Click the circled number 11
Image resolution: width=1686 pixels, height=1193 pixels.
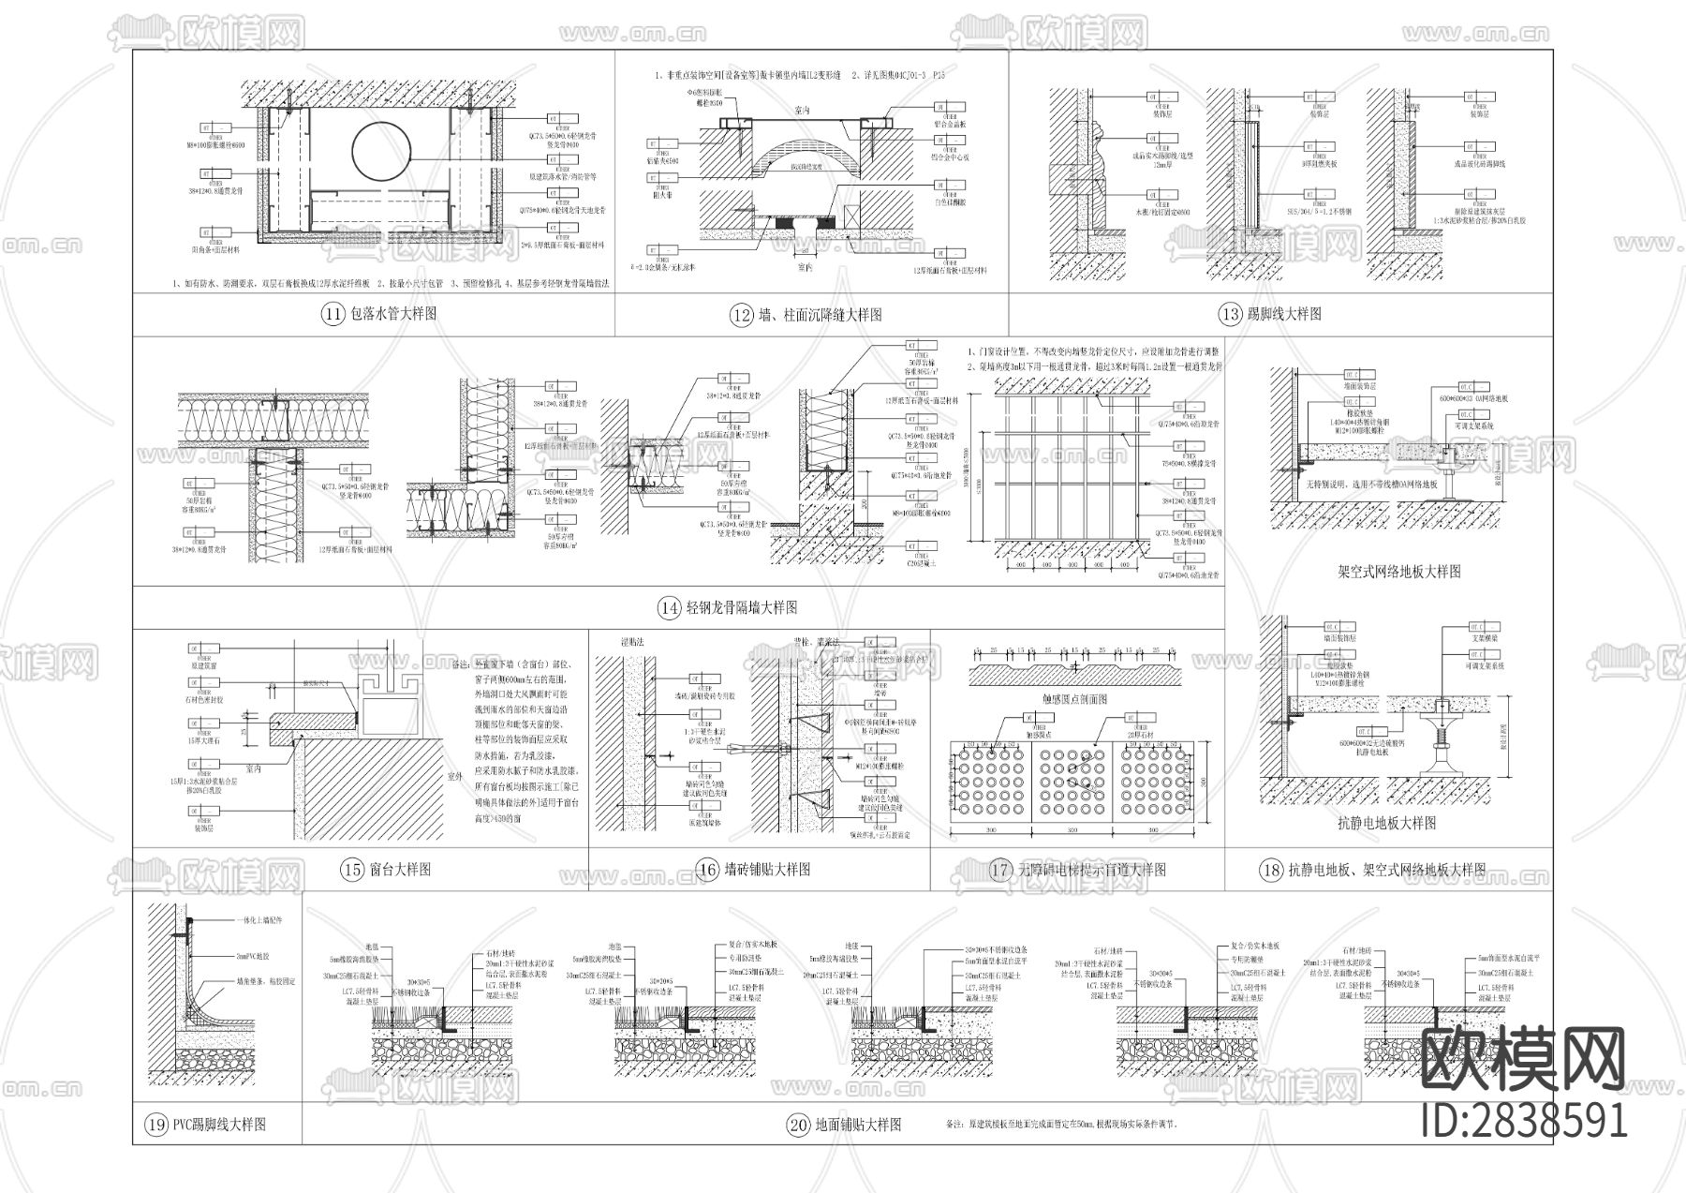pyautogui.click(x=333, y=314)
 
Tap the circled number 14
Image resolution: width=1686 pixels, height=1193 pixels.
pyautogui.click(x=669, y=608)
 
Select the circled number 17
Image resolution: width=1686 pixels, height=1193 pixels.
pyautogui.click(x=1000, y=870)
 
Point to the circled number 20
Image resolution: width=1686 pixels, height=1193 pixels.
pyautogui.click(x=798, y=1125)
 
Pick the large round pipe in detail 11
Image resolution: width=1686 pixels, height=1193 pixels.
pyautogui.click(x=381, y=149)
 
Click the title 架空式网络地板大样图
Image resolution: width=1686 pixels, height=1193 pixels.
pyautogui.click(x=1399, y=571)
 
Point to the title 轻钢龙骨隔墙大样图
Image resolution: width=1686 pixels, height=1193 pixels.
pyautogui.click(x=741, y=608)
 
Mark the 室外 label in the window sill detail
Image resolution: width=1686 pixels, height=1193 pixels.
pyautogui.click(x=454, y=776)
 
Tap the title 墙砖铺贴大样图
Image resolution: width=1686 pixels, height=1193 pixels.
pyautogui.click(x=766, y=870)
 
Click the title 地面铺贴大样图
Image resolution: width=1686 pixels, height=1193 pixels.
pyautogui.click(x=858, y=1125)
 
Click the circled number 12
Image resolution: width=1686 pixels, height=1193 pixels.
pyautogui.click(x=741, y=316)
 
